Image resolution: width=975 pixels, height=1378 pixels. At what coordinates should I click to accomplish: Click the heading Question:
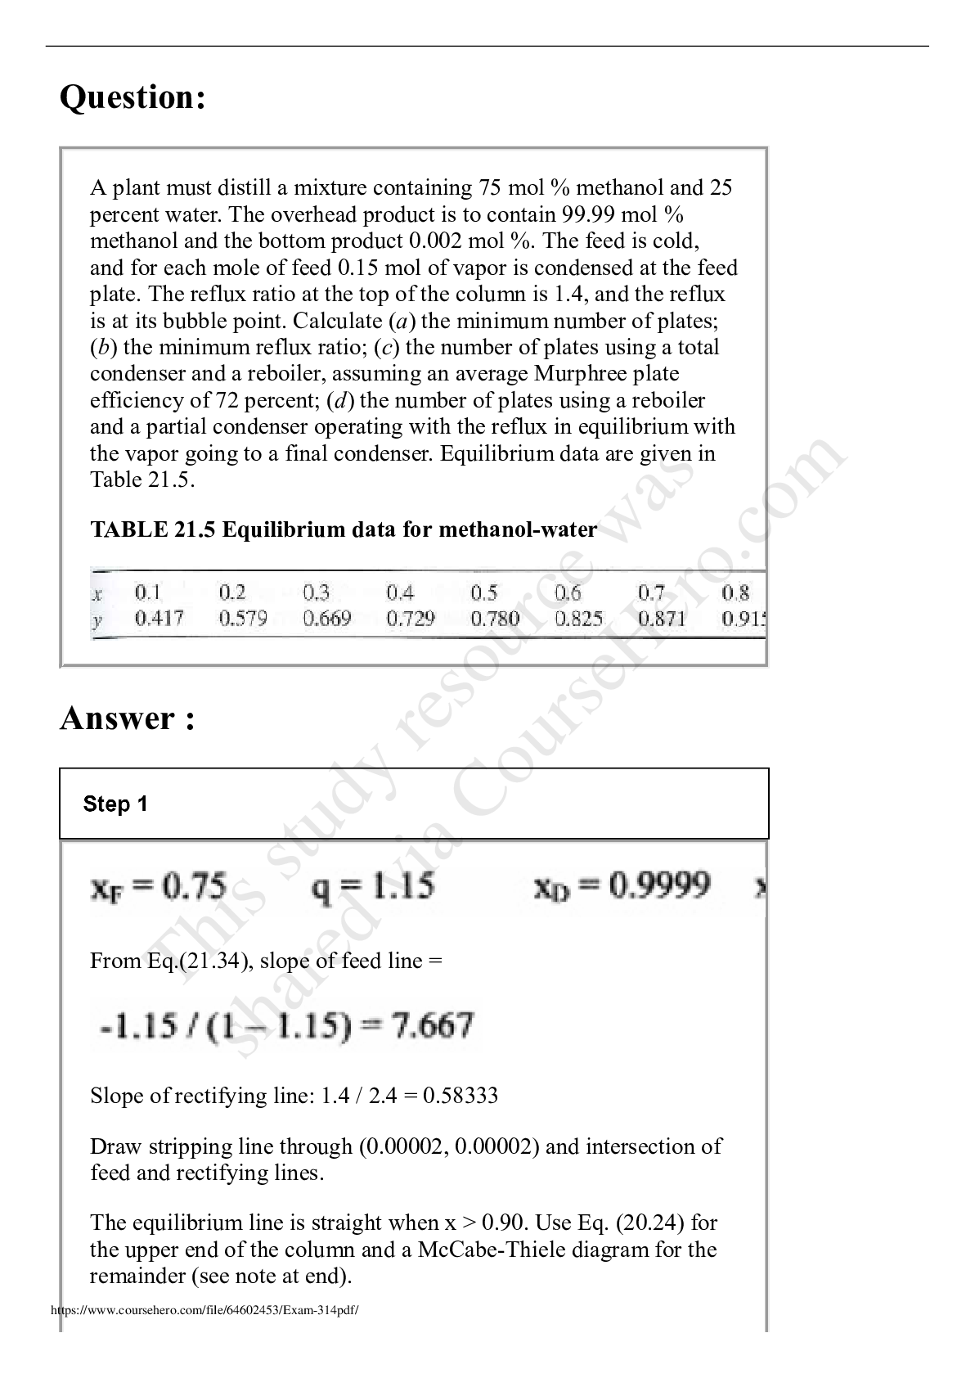click(x=133, y=98)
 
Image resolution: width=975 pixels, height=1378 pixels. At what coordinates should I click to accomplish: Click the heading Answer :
click(x=128, y=718)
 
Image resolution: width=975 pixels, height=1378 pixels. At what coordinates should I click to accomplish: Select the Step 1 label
click(x=115, y=804)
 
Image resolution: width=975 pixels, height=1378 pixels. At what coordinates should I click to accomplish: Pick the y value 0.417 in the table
click(x=160, y=619)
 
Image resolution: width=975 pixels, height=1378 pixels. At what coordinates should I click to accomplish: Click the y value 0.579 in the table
click(x=243, y=619)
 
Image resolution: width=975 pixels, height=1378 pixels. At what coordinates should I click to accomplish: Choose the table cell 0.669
click(x=326, y=619)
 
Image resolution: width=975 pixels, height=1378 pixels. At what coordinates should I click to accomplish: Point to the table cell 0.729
click(x=411, y=619)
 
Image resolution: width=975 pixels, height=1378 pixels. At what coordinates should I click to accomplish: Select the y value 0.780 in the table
click(x=495, y=619)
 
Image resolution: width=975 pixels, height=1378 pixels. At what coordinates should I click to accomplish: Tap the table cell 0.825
click(x=578, y=619)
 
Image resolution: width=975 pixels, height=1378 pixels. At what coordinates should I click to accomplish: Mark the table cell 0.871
click(x=662, y=619)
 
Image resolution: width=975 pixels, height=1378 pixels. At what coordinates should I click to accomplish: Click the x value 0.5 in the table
click(x=484, y=592)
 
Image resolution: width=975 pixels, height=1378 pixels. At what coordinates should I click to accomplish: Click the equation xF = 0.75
click(x=159, y=886)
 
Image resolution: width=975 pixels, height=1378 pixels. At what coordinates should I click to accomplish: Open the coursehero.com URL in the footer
click(x=205, y=1310)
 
